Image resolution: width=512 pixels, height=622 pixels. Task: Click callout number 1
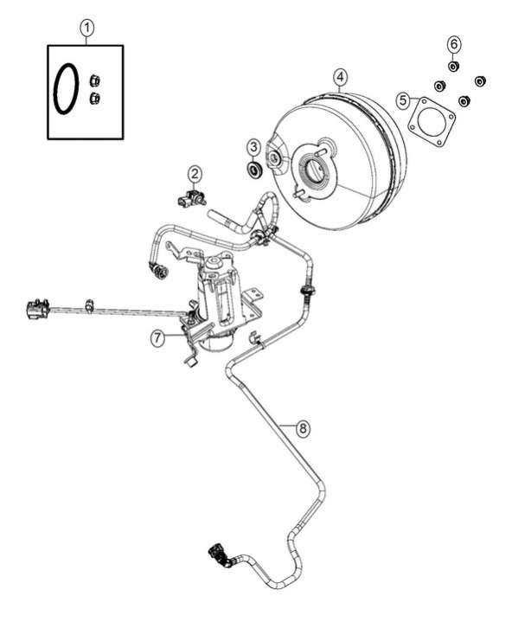86,29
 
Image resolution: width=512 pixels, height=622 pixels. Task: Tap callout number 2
195,174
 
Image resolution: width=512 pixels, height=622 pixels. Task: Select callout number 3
253,147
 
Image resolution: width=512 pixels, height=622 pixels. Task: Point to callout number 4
340,77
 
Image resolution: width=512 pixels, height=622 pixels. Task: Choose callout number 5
403,100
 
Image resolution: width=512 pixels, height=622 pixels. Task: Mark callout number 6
454,43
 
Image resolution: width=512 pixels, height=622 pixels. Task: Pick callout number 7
157,338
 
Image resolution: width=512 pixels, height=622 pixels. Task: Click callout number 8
303,428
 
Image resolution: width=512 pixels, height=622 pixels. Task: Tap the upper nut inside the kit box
94,80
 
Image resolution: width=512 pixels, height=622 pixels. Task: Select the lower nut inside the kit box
94,98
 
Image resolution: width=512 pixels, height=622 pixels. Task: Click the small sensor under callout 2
191,197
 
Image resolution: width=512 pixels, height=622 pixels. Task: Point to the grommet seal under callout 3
253,169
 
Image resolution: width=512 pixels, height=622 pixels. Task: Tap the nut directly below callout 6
454,66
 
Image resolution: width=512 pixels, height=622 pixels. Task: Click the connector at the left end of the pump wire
36,309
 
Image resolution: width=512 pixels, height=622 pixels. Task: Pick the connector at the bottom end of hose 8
217,554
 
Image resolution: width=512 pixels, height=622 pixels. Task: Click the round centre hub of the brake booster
316,168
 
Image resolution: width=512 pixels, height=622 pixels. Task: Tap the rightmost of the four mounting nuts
480,81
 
